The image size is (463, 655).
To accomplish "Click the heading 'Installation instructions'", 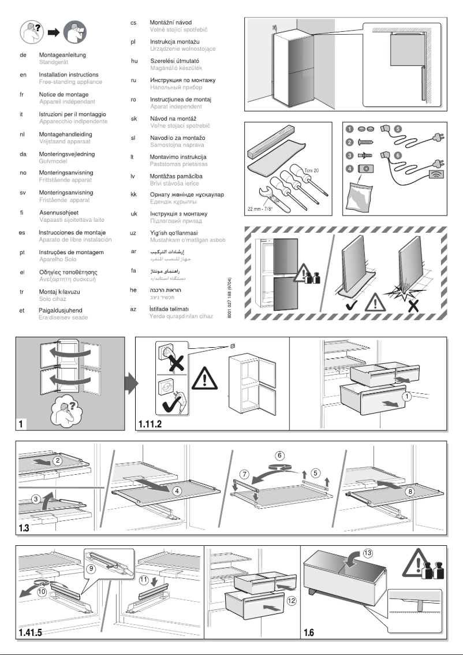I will pyautogui.click(x=68, y=75).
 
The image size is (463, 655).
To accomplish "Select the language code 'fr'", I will pyautogui.click(x=21, y=94).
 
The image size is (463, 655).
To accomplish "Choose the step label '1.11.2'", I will pyautogui.click(x=151, y=425).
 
